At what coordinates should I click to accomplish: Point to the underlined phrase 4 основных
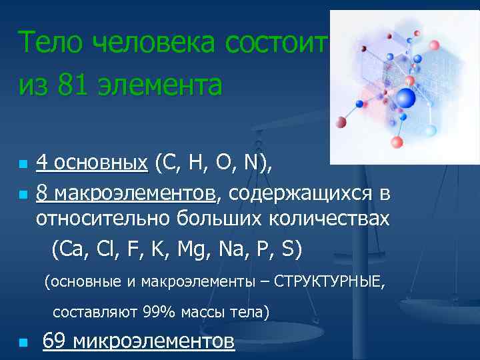(x=92, y=162)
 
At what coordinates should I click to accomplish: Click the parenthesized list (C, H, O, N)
(x=213, y=162)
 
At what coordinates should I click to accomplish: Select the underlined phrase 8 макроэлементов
(x=126, y=193)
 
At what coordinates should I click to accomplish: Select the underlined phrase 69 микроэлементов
(x=138, y=341)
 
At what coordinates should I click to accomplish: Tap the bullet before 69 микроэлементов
(x=23, y=343)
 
